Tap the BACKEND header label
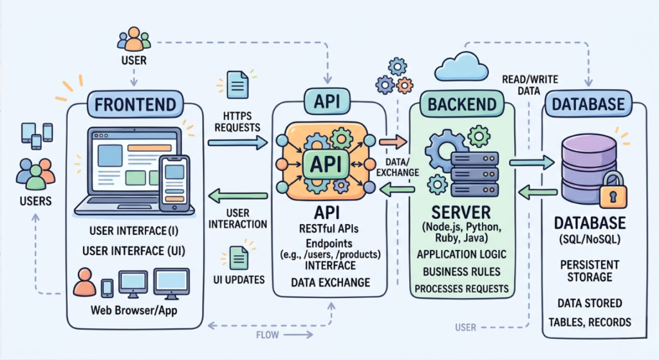pyautogui.click(x=462, y=104)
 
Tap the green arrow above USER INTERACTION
pyautogui.click(x=239, y=195)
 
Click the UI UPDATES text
pyautogui.click(x=239, y=280)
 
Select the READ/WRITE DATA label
pyautogui.click(x=529, y=85)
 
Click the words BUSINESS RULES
pyautogui.click(x=462, y=271)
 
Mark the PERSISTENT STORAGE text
pyautogui.click(x=589, y=271)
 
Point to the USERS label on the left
pyautogui.click(x=35, y=201)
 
